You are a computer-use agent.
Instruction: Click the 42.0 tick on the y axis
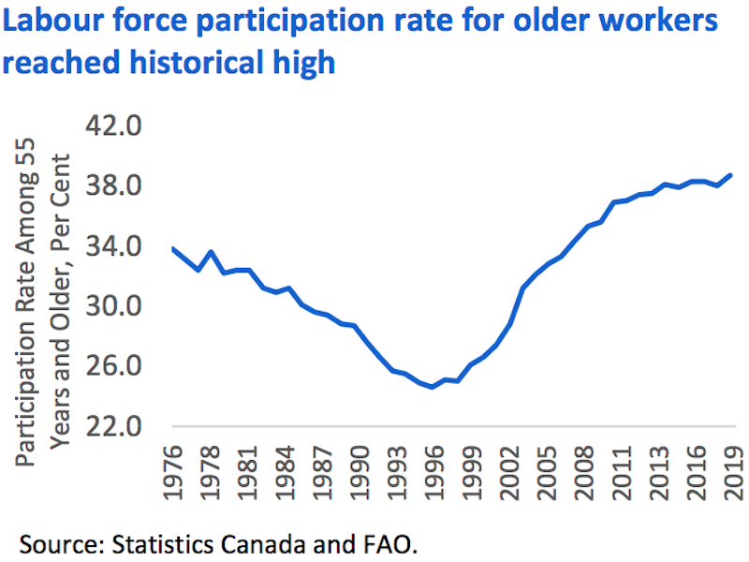point(114,126)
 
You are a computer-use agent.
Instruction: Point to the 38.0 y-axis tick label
point(114,185)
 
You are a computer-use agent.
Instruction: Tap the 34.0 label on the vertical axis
point(114,246)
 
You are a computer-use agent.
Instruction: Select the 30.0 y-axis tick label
point(114,306)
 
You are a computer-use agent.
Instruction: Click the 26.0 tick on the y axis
point(114,366)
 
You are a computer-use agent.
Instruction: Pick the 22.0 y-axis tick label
point(114,426)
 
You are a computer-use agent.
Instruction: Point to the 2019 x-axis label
point(731,478)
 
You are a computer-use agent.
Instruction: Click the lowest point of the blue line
point(432,387)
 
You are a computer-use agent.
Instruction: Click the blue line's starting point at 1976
point(173,248)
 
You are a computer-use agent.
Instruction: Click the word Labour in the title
point(55,22)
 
